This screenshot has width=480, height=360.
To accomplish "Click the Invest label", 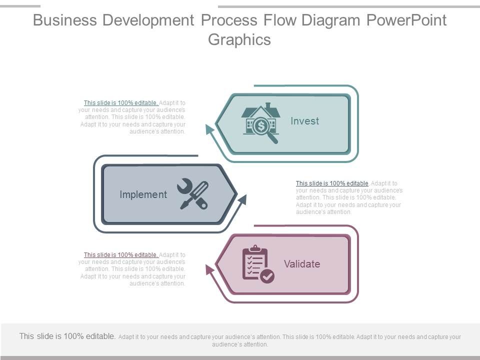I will point(304,121).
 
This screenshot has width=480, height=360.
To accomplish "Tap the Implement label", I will point(143,194).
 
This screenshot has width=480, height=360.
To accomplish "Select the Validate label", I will point(302,264).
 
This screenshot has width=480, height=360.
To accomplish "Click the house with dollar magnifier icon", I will point(260,122).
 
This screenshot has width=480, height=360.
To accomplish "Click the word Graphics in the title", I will point(239,39).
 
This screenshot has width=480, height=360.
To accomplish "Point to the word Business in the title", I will point(64,20).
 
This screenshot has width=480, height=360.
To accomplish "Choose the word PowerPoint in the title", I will point(406,20).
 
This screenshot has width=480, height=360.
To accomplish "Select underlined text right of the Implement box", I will point(332,183).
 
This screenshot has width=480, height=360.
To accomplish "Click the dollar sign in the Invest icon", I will point(260,126).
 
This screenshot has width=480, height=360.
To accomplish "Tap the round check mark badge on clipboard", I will point(268,276).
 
